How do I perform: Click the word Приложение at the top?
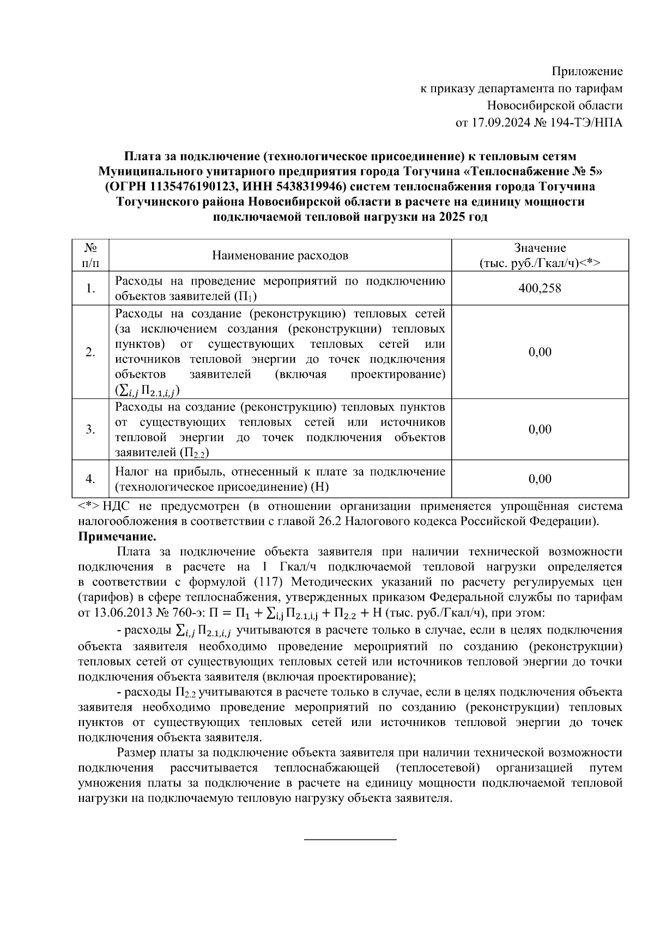[587, 71]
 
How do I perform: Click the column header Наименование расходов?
[280, 256]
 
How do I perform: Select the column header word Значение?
[540, 248]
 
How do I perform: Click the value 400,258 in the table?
[540, 288]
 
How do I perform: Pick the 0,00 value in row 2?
[540, 352]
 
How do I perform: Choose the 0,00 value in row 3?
[540, 430]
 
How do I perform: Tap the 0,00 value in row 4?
[540, 479]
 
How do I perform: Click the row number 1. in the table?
[91, 288]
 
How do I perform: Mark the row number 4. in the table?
[91, 479]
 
